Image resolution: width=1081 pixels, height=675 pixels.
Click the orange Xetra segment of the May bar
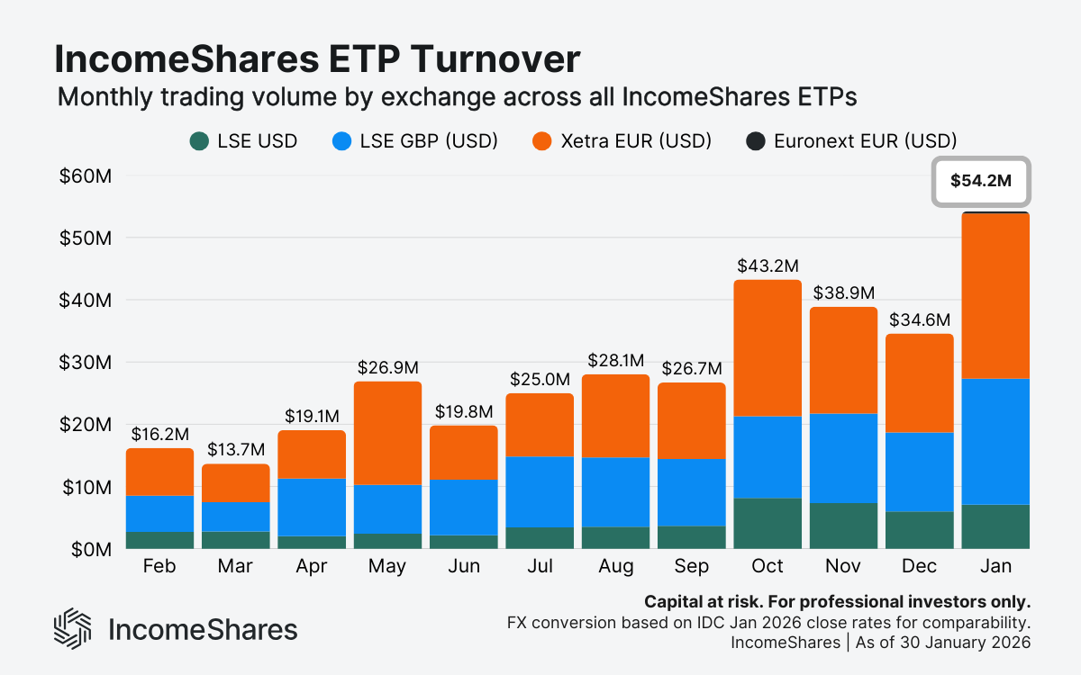coord(387,433)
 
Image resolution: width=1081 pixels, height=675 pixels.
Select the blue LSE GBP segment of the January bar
coord(995,441)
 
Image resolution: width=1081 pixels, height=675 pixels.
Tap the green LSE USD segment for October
coord(768,523)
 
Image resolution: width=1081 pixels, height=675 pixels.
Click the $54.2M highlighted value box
coord(981,180)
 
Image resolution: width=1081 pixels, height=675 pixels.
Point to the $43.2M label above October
coord(768,266)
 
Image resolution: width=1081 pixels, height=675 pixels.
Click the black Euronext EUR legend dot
coord(756,141)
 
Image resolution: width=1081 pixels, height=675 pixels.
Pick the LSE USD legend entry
coord(243,141)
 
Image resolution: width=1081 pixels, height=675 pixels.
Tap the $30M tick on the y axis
coord(86,362)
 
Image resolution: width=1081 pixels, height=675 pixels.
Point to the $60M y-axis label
coord(86,175)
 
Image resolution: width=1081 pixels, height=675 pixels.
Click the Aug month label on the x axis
coord(615,567)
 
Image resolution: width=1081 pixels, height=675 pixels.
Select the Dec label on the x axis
coord(919,567)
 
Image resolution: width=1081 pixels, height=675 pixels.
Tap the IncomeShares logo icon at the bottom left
coord(73,628)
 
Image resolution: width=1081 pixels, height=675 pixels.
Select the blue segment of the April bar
coord(312,507)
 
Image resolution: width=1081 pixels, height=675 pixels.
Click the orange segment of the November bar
coord(843,360)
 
